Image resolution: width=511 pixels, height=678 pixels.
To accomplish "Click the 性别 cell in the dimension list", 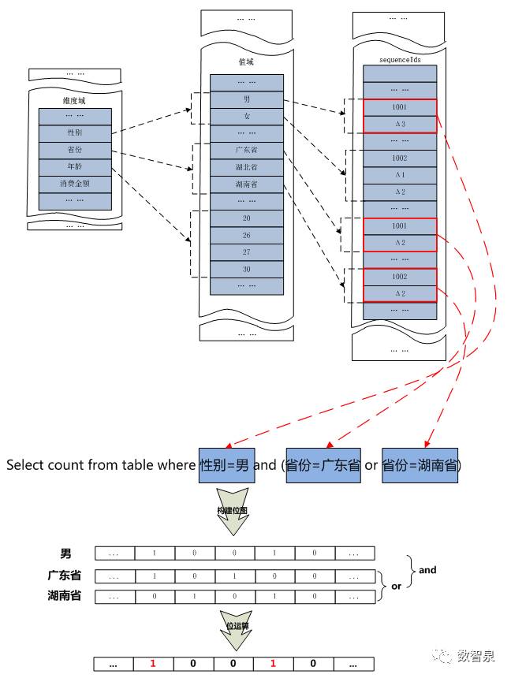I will pyautogui.click(x=75, y=133).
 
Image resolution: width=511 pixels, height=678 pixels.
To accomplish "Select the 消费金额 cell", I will pyautogui.click(x=75, y=184).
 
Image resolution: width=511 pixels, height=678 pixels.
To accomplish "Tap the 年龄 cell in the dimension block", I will pyautogui.click(x=75, y=167).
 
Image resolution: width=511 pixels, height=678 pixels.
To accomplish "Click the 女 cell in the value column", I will pyautogui.click(x=247, y=116).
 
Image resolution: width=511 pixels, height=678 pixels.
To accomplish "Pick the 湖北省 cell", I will pyautogui.click(x=247, y=167).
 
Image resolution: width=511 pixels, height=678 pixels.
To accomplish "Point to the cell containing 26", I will pyautogui.click(x=247, y=235).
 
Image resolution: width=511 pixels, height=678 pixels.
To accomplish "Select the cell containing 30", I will pyautogui.click(x=247, y=269).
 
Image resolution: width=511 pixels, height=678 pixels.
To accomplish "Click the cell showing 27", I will pyautogui.click(x=247, y=252).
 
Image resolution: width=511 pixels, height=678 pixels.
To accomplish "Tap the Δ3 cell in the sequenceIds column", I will pyautogui.click(x=399, y=125).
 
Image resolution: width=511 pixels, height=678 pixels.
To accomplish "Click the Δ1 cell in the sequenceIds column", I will pyautogui.click(x=399, y=175).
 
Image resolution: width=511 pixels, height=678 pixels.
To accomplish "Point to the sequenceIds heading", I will pyautogui.click(x=399, y=59).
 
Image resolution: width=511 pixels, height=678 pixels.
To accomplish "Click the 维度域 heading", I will pyautogui.click(x=75, y=101).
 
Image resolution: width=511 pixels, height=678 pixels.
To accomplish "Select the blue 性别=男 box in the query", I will pyautogui.click(x=225, y=465).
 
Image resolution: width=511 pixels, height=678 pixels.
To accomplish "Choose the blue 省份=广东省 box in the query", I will pyautogui.click(x=323, y=465).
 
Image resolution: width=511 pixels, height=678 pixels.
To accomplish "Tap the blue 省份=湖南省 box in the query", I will pyautogui.click(x=420, y=465).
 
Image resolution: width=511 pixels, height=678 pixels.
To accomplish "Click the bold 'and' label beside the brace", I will pyautogui.click(x=427, y=570).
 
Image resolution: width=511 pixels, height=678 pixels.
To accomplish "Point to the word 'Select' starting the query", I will pyautogui.click(x=24, y=465).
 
